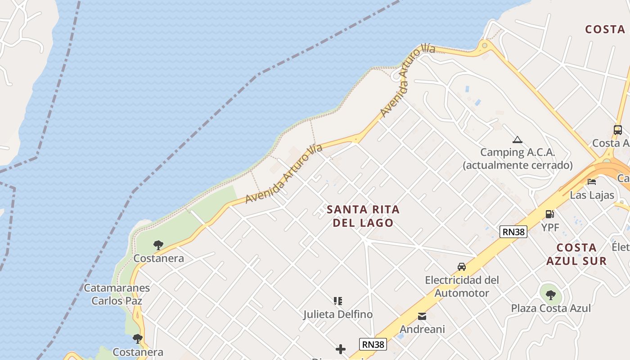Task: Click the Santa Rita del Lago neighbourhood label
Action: pos(363,216)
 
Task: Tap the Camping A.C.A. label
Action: pos(517,158)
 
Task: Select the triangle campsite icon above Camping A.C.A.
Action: pos(517,140)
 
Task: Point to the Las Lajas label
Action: pos(592,195)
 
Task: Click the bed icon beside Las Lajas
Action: pos(592,182)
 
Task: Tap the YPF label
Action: pos(550,228)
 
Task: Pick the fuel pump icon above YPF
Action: pos(549,214)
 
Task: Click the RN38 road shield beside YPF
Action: pos(513,232)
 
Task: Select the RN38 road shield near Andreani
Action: pos(373,344)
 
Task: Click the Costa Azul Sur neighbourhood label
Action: pos(576,254)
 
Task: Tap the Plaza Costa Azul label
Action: pos(551,309)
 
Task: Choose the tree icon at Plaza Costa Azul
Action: pos(550,295)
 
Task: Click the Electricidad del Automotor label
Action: pos(462,287)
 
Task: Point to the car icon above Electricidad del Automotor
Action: pos(462,267)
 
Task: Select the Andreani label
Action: pos(422,329)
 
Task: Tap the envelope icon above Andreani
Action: pos(422,316)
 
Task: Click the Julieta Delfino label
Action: pos(338,315)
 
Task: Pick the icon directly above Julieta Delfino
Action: pos(338,301)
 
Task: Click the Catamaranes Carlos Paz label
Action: pos(117,294)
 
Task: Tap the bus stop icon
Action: pos(618,130)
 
